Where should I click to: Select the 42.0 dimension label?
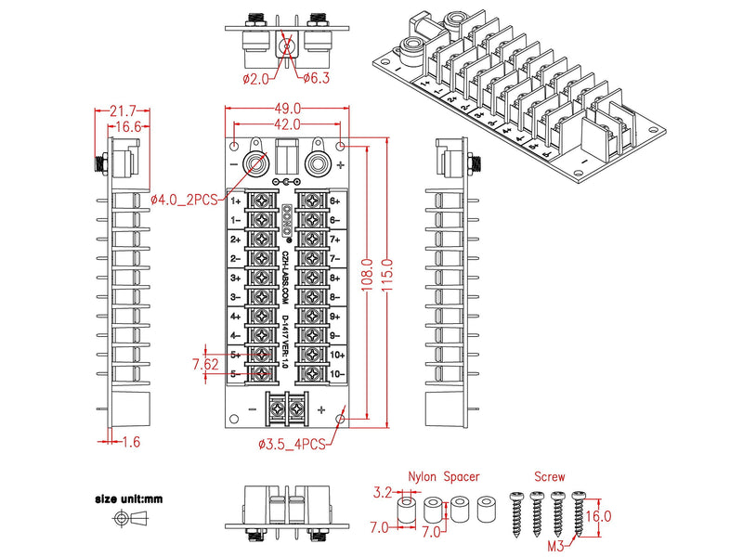(286, 123)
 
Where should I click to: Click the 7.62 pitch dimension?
(205, 363)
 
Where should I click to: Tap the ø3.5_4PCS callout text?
(292, 445)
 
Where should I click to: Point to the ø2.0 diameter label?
(255, 78)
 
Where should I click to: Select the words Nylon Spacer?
(444, 476)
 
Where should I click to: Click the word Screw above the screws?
(548, 476)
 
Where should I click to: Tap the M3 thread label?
(555, 545)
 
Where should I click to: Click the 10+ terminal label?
(335, 355)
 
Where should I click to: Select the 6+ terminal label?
(335, 200)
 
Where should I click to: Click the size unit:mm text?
(127, 499)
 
